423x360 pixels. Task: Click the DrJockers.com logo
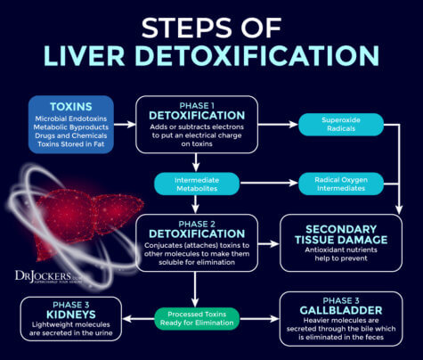click(x=43, y=275)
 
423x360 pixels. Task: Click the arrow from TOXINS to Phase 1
click(x=125, y=124)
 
